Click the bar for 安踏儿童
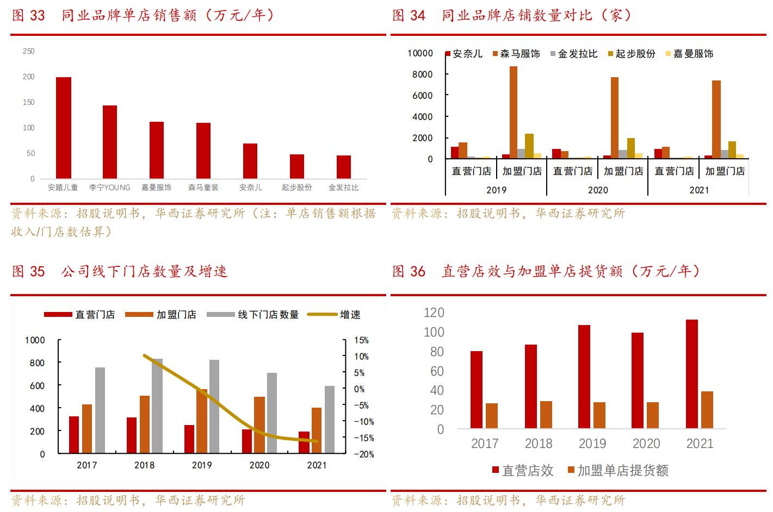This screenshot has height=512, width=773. click(x=64, y=128)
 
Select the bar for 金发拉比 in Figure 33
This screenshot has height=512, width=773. click(x=343, y=167)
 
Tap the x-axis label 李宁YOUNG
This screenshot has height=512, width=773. click(x=110, y=188)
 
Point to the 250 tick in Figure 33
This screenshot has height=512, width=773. click(x=28, y=51)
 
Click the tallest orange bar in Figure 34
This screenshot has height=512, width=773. click(x=513, y=113)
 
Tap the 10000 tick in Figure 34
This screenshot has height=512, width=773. click(x=420, y=53)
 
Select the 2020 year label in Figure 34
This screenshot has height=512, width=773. click(x=597, y=190)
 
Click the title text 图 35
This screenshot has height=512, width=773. click(x=28, y=271)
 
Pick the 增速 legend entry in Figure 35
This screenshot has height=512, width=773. click(x=350, y=315)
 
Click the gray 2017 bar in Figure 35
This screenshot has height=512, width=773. click(x=100, y=410)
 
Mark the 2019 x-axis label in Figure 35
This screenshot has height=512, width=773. click(x=202, y=465)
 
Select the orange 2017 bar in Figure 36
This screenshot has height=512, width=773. click(x=492, y=416)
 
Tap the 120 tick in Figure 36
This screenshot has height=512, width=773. click(x=434, y=313)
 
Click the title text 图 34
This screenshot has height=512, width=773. click(x=409, y=15)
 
